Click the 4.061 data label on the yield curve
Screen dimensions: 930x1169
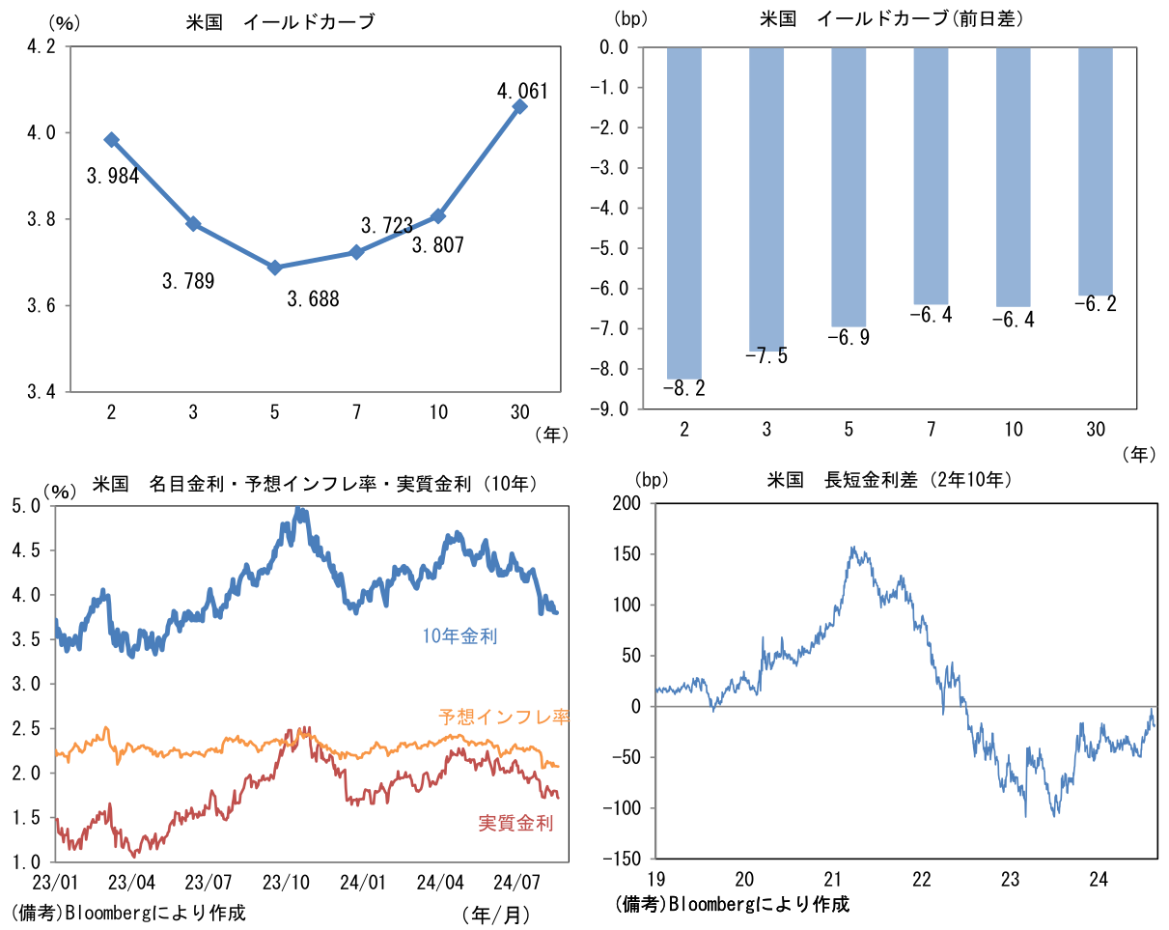pos(521,92)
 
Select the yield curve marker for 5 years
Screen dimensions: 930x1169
pos(275,268)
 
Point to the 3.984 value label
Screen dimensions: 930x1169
pos(113,176)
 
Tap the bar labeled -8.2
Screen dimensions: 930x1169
pos(683,212)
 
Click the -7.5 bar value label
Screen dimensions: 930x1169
pos(766,356)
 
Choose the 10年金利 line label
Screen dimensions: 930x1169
pos(459,636)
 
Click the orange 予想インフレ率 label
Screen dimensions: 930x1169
pos(504,718)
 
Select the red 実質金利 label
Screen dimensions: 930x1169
pos(515,824)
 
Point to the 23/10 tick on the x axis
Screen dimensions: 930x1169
pos(287,882)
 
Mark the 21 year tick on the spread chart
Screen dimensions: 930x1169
pos(833,880)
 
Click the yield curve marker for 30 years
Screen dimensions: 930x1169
pos(520,106)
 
